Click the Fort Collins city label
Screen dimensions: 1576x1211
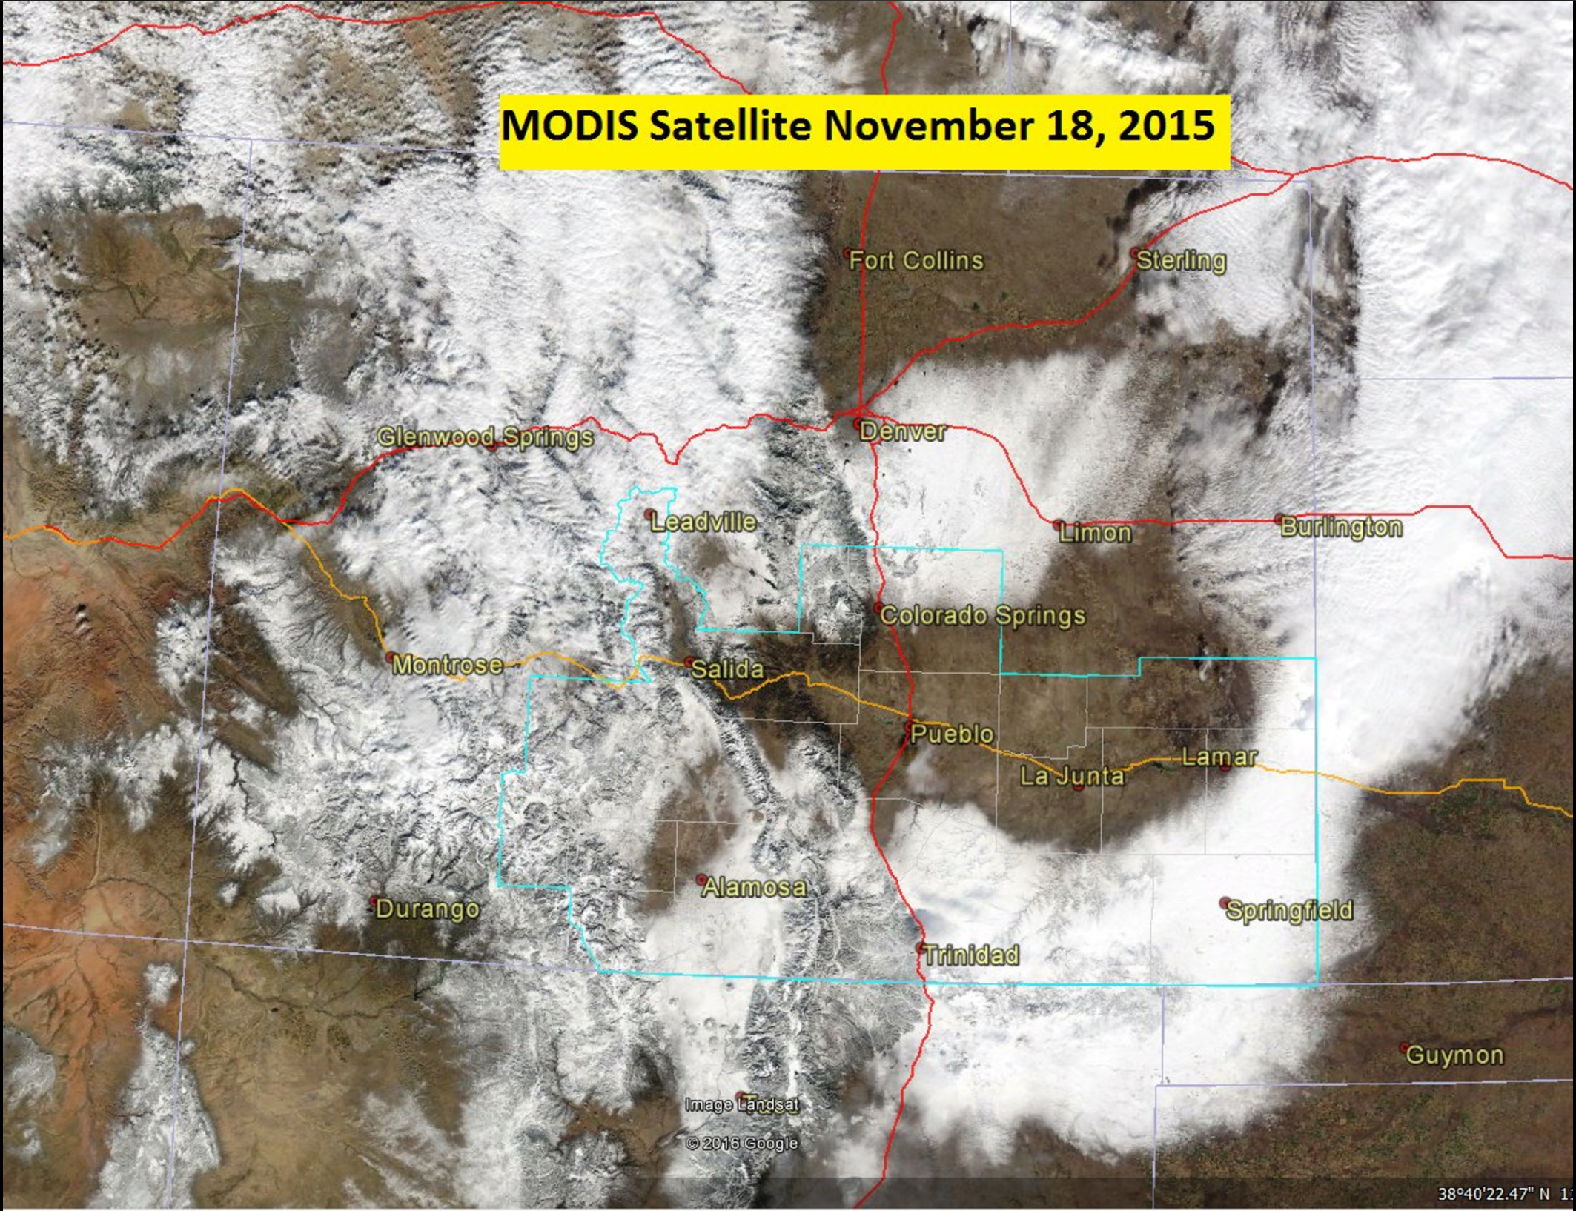click(x=916, y=260)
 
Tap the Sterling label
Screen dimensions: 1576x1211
click(x=1181, y=260)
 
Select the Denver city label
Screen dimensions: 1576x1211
click(x=902, y=431)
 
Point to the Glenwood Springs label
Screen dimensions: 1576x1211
click(x=486, y=437)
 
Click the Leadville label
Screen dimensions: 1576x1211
click(x=703, y=522)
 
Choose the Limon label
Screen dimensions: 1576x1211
click(x=1095, y=532)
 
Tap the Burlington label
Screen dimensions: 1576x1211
click(x=1341, y=527)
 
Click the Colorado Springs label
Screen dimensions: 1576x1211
click(x=982, y=615)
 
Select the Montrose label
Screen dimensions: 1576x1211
click(x=447, y=664)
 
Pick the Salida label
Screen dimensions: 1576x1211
click(x=726, y=669)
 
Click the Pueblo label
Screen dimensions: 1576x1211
click(x=952, y=734)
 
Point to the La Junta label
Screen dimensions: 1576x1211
click(x=1072, y=776)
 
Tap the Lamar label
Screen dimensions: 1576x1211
click(x=1219, y=757)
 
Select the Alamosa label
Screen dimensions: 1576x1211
click(x=754, y=886)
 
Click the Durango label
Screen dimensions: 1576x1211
click(x=427, y=909)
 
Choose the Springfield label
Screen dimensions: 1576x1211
click(x=1289, y=910)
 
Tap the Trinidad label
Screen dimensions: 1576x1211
click(x=971, y=955)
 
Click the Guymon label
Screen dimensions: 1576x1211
click(x=1454, y=1055)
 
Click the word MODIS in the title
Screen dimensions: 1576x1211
click(x=569, y=125)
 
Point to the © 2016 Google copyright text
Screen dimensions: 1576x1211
click(x=742, y=1143)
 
